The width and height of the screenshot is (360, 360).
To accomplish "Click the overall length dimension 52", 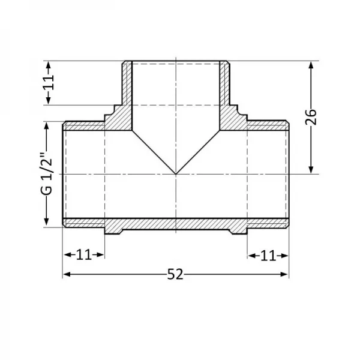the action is click(175, 274).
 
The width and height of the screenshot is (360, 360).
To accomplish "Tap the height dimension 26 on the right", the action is click(311, 117).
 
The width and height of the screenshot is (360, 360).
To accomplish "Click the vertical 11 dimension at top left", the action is click(49, 82).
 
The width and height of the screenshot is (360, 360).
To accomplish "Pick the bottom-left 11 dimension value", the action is click(84, 254).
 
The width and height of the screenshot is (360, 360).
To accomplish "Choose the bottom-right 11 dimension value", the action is click(268, 256).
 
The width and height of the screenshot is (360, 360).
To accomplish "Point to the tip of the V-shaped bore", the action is click(176, 174).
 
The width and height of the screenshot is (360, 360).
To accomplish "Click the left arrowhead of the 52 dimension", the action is click(67, 274).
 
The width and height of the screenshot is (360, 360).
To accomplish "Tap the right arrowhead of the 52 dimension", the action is click(284, 274).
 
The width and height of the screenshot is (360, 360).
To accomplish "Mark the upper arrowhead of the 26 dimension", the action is click(311, 65).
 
